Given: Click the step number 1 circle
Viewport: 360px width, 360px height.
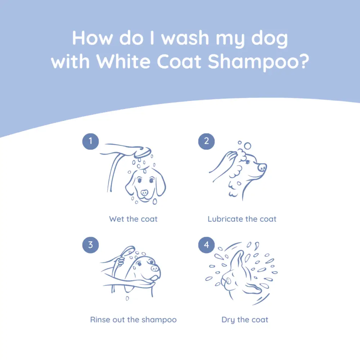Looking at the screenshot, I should (x=91, y=141).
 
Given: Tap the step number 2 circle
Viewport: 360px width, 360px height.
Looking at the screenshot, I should (x=206, y=141).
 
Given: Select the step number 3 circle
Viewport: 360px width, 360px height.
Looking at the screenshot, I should (x=91, y=245).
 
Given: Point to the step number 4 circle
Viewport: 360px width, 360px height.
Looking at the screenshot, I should (x=206, y=245).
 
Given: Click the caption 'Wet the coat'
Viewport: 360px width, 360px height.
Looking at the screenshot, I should (x=133, y=219).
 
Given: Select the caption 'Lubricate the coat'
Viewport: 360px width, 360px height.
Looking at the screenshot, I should (x=242, y=219).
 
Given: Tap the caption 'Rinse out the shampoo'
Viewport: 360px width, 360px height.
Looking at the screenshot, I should (x=133, y=320).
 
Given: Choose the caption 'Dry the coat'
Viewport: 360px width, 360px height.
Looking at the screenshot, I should (x=245, y=320).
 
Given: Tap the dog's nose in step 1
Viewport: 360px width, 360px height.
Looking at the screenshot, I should (x=144, y=192).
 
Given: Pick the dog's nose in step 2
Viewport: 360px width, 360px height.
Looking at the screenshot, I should (x=262, y=167).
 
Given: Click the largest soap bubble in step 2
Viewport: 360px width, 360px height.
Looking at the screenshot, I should (x=247, y=146).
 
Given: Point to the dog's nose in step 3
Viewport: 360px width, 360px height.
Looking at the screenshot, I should (x=155, y=268).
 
